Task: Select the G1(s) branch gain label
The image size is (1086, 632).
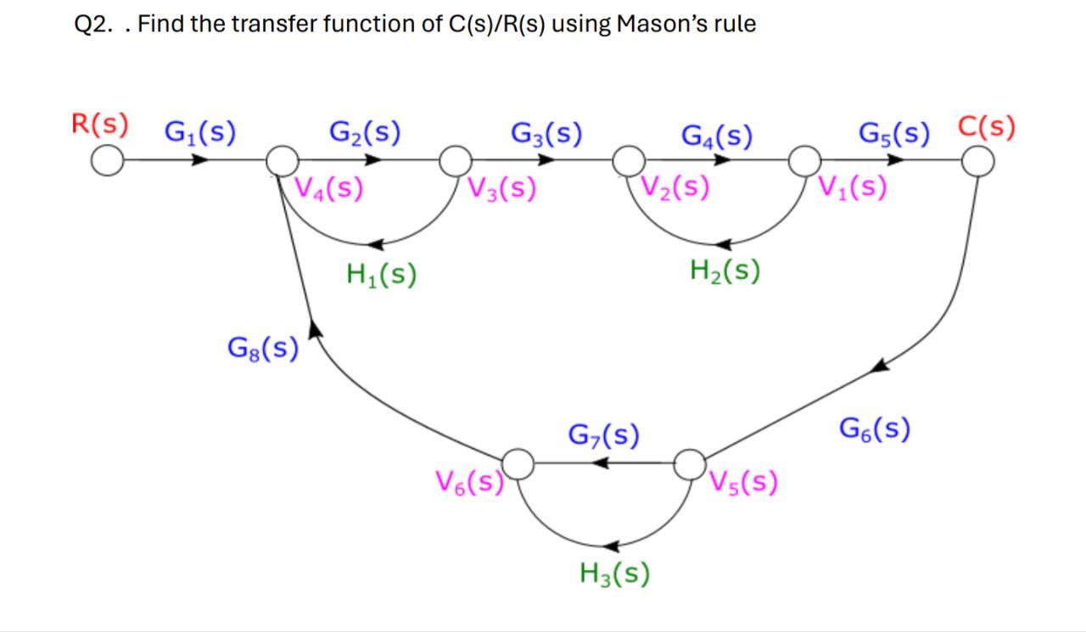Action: (200, 132)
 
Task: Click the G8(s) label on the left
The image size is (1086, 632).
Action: (263, 348)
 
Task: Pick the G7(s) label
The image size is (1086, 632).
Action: (603, 436)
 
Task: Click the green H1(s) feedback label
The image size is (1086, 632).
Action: (381, 274)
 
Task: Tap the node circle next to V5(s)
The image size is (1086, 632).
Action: (690, 464)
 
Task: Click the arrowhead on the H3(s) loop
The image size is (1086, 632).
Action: (614, 546)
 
